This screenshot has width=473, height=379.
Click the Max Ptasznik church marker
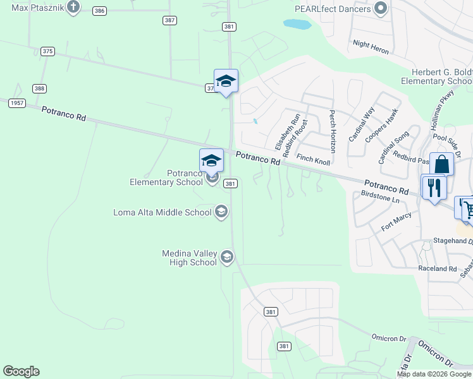tap(73, 8)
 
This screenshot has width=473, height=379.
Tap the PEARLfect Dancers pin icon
tap(380, 9)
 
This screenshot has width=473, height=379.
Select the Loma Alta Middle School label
tap(163, 212)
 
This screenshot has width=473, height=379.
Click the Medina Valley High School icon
tap(227, 256)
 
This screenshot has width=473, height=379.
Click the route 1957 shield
tap(17, 103)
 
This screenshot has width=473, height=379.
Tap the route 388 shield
tap(40, 89)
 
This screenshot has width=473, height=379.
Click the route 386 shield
tap(99, 11)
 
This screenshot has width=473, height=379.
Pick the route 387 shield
tap(169, 20)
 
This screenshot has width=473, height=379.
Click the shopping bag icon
tap(441, 165)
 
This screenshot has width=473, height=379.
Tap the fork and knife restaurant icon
tap(434, 188)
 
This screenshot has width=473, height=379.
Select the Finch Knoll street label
tap(314, 159)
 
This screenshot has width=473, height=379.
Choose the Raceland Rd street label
tap(437, 268)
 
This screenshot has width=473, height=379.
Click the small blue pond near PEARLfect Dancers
tap(297, 25)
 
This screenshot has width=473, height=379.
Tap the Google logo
tap(21, 371)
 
